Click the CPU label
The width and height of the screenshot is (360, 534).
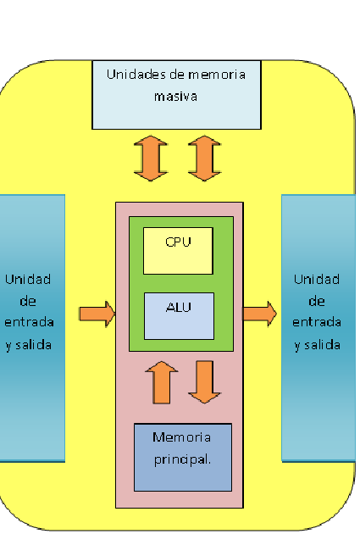178,242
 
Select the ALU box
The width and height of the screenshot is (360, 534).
178,314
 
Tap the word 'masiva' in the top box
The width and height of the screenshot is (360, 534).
175,96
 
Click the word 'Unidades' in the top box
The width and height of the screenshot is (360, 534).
136,74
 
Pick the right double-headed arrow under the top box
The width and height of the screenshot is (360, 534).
203,158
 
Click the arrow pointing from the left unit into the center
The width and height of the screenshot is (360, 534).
97,314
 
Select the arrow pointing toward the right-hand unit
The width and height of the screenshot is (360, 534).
259,314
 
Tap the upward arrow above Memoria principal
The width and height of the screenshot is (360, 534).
162,381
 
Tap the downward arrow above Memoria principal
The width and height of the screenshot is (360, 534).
204,381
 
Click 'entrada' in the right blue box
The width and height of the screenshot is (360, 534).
317,322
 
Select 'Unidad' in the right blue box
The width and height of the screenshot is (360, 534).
317,278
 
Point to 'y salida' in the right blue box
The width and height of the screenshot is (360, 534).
317,344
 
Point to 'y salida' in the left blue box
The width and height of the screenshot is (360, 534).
28,345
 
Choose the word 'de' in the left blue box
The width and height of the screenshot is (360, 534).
28,301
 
